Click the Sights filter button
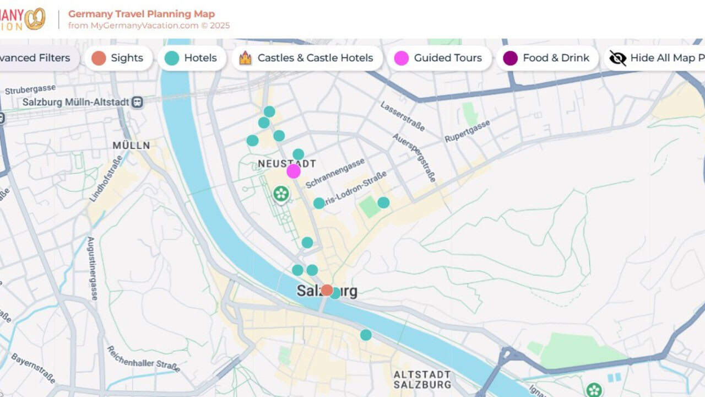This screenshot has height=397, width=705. (118, 58)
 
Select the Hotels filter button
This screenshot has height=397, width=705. (192, 58)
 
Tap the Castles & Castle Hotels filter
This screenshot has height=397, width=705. (307, 58)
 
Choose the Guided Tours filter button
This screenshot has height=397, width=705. (439, 58)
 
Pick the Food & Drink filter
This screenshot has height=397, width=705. (547, 58)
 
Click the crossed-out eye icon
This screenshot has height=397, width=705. (617, 58)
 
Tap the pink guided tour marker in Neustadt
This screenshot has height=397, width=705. (294, 171)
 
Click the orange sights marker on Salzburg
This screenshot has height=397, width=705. (327, 289)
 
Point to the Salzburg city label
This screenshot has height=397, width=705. (327, 291)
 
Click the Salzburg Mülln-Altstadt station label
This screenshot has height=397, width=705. (75, 102)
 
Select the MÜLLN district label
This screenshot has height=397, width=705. (131, 146)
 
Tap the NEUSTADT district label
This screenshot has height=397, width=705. (287, 164)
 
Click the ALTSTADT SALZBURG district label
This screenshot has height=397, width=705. (422, 380)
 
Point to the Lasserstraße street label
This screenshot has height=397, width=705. (402, 116)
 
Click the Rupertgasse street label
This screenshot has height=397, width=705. (467, 131)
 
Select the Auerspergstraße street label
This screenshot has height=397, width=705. (414, 157)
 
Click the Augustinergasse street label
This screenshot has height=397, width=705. (92, 268)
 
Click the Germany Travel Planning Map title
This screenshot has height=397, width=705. (142, 14)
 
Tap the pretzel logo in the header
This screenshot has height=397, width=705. (35, 19)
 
